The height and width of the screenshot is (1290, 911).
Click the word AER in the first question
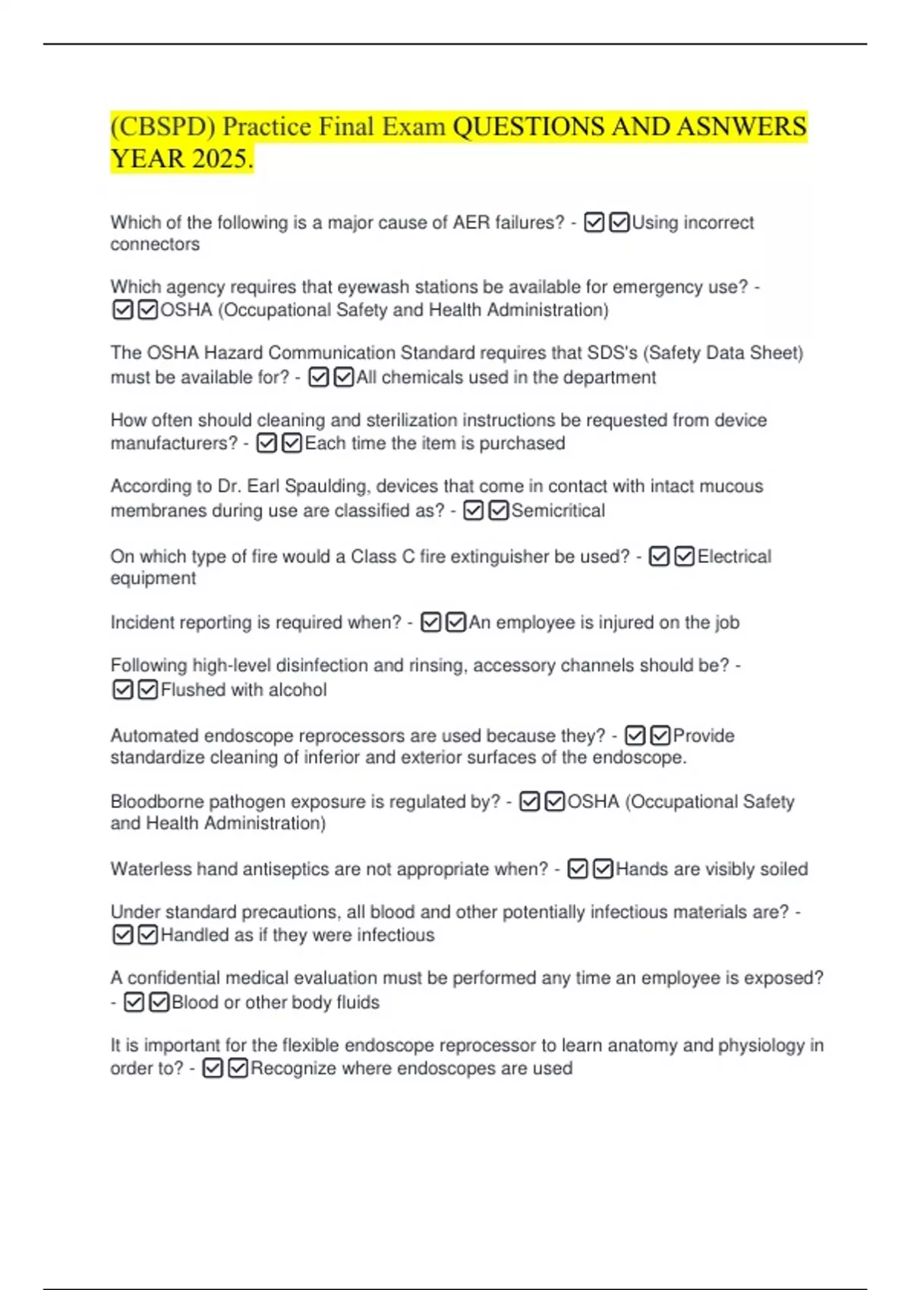click(x=471, y=222)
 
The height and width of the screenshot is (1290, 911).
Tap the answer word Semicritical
click(x=558, y=511)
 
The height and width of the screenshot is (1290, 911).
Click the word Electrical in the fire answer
click(x=734, y=557)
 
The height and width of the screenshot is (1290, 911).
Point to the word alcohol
click(x=298, y=690)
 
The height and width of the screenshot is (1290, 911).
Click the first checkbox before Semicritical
click(x=473, y=511)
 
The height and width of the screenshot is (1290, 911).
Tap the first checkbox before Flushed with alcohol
click(x=122, y=690)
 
